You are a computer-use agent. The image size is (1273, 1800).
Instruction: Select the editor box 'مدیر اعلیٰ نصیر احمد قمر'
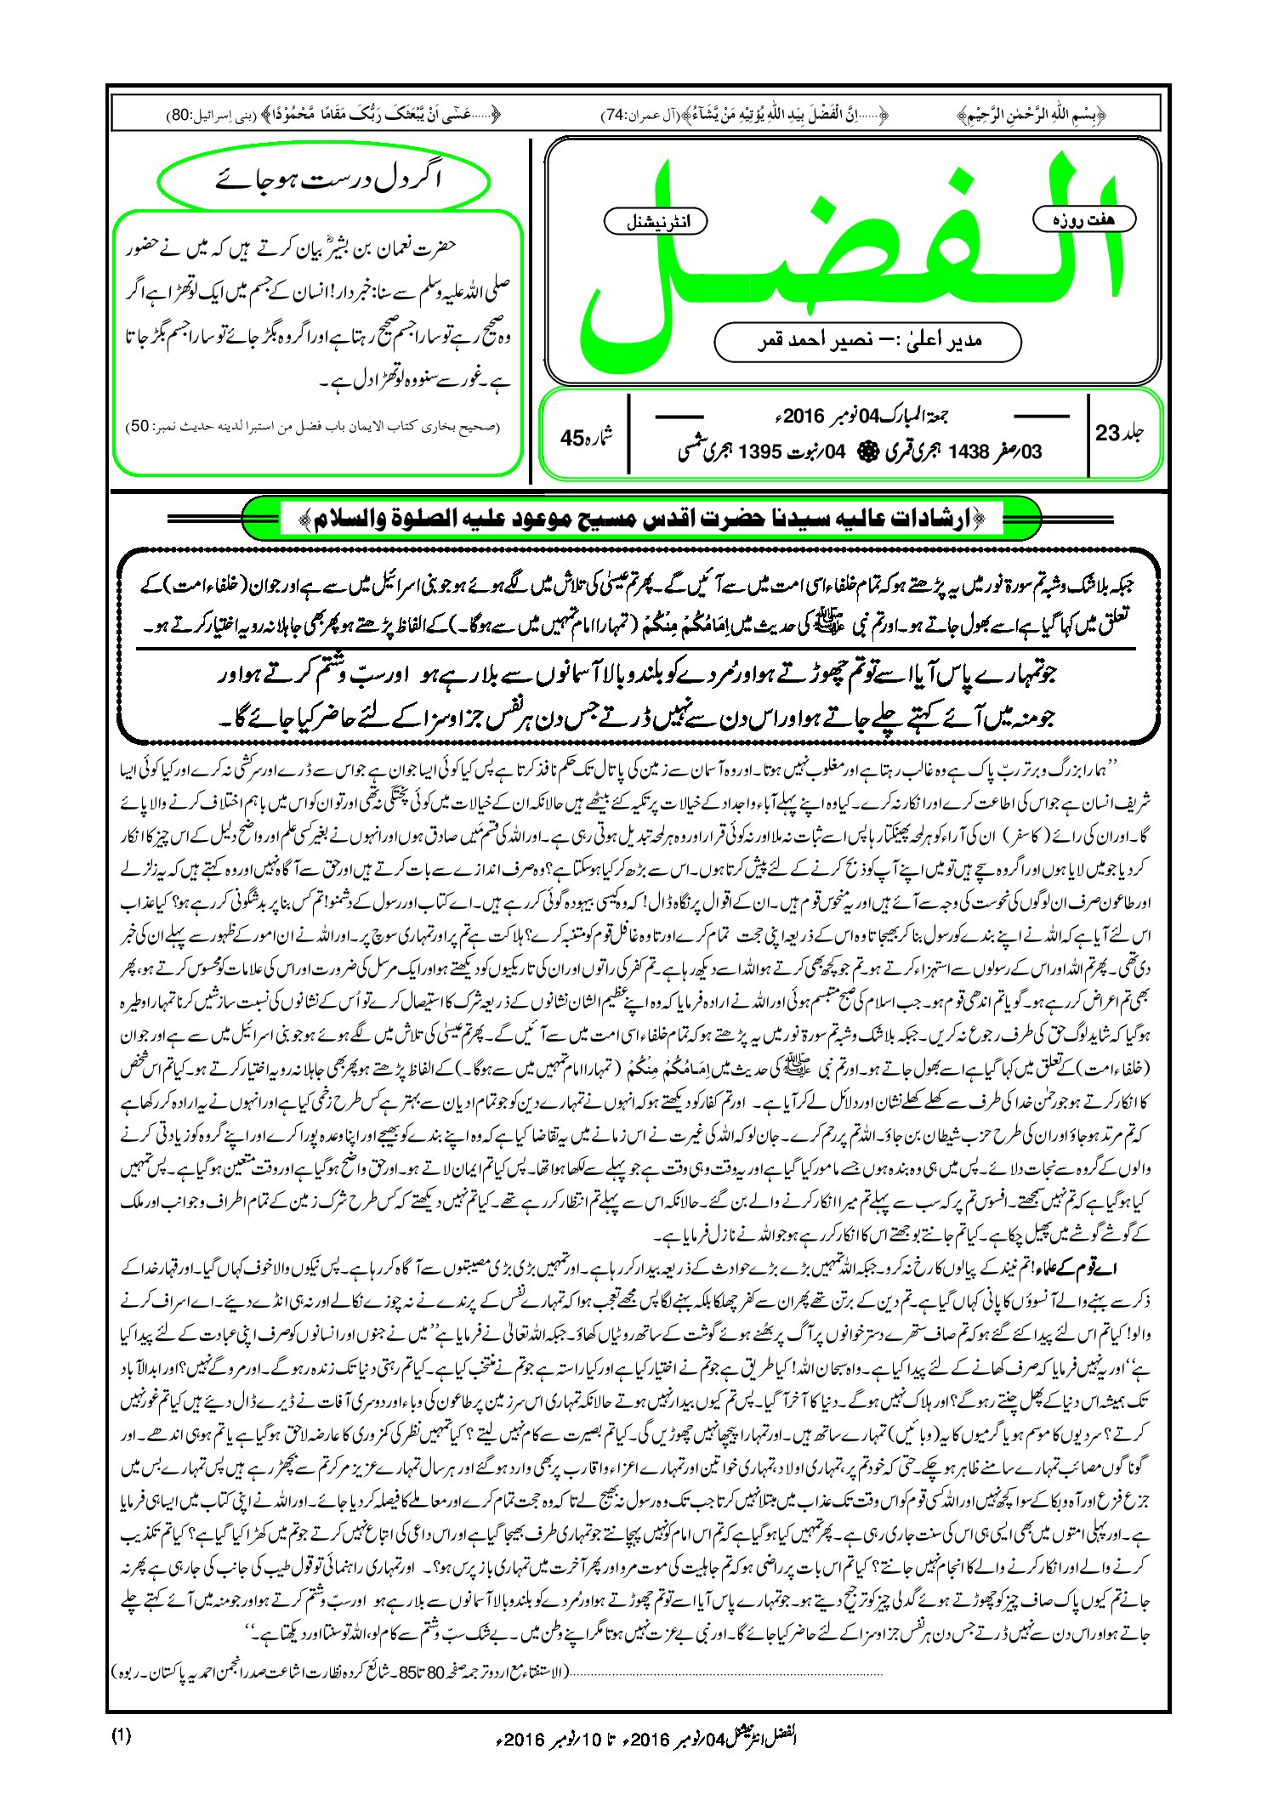(867, 341)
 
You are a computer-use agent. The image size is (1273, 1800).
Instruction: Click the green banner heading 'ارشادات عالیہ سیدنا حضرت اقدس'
(642, 519)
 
